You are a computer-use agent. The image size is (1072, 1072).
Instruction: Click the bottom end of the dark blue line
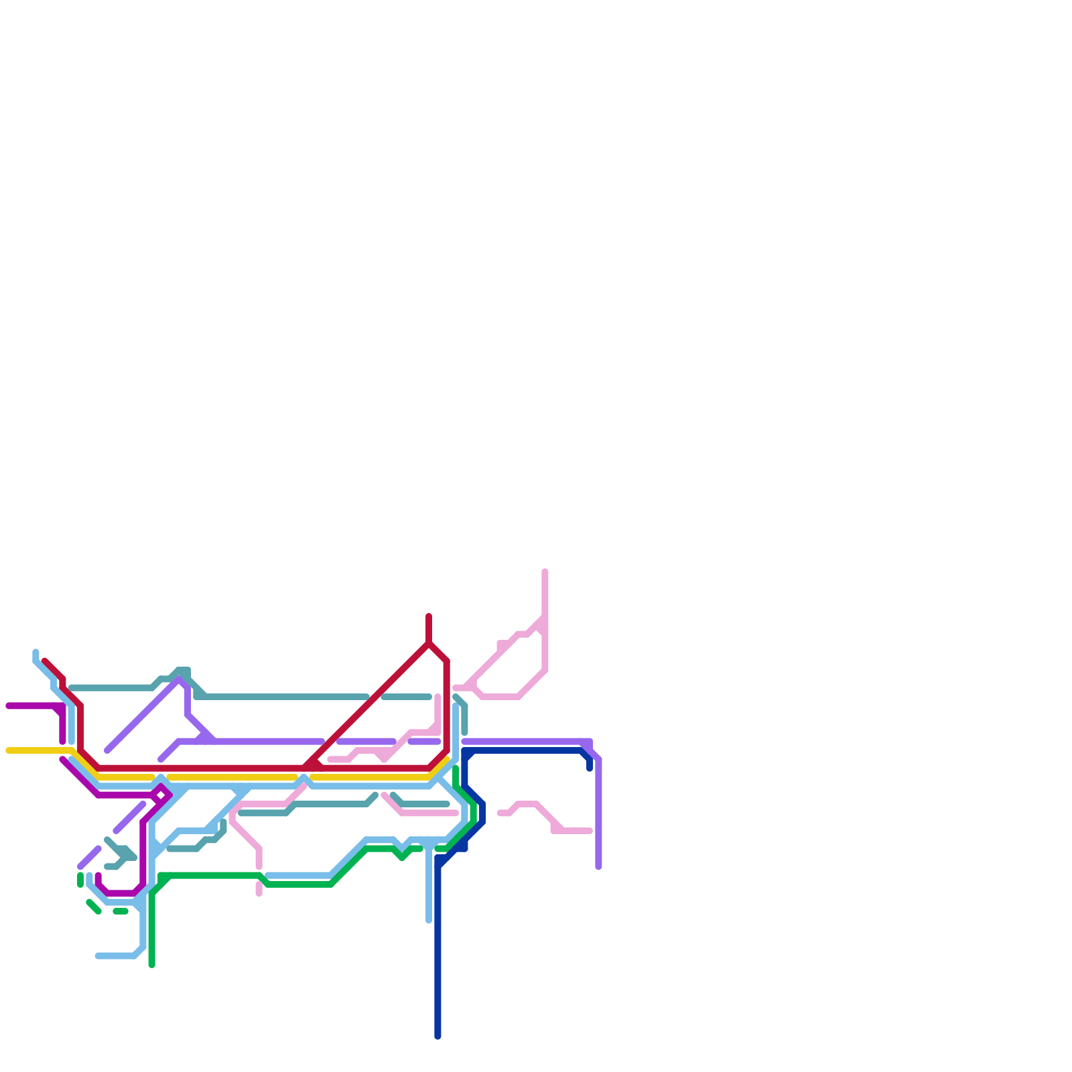438,1036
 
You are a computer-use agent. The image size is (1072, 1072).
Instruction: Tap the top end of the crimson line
429,616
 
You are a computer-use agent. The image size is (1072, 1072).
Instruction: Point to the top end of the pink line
545,572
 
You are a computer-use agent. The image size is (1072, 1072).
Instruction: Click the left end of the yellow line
8,750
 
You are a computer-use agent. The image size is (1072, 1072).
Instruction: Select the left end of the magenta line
8,706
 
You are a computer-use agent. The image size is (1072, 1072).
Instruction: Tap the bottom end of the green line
152,965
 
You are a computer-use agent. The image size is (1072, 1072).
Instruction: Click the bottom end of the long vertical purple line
598,867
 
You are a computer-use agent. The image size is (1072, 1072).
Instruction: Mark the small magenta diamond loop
161,795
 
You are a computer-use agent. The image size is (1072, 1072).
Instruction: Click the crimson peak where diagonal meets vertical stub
429,643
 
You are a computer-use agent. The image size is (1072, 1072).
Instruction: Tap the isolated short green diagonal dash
94,907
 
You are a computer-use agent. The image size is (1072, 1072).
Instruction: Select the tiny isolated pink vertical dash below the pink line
259,889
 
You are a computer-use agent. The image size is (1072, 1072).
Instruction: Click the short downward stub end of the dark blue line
590,768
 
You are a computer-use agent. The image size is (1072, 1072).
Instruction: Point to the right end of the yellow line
447,760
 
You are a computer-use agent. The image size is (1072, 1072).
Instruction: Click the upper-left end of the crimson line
45,661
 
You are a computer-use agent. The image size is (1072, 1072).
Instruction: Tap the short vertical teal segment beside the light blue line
464,720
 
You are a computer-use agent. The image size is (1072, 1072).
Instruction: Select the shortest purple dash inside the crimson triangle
424,742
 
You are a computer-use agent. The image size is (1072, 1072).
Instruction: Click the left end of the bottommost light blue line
98,956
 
